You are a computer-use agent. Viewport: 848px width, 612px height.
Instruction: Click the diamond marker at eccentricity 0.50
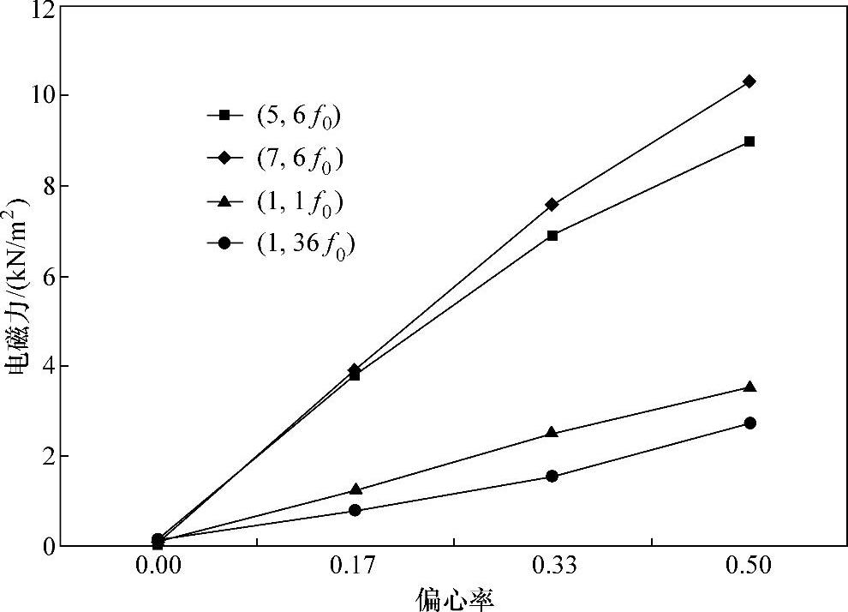tap(749, 81)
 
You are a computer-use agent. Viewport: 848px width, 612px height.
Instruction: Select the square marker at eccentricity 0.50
tap(749, 141)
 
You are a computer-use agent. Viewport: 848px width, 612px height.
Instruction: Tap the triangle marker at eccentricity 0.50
tap(749, 387)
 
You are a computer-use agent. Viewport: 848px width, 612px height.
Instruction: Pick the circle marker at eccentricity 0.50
tap(749, 423)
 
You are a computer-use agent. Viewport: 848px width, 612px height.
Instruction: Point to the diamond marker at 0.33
tap(552, 204)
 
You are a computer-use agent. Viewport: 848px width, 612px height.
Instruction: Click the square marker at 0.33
tap(552, 235)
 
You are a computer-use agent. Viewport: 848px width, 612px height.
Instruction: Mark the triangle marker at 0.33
tap(552, 432)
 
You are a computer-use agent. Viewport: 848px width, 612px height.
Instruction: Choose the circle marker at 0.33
tap(552, 476)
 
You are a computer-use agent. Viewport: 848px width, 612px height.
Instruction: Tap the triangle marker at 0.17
tap(355, 489)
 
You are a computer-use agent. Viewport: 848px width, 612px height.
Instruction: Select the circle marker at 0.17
tap(355, 510)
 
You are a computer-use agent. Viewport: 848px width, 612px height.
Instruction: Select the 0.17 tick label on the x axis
tap(355, 567)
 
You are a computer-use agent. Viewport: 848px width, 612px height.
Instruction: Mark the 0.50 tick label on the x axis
tap(749, 567)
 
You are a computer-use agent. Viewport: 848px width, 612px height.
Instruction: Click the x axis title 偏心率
tap(454, 597)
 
